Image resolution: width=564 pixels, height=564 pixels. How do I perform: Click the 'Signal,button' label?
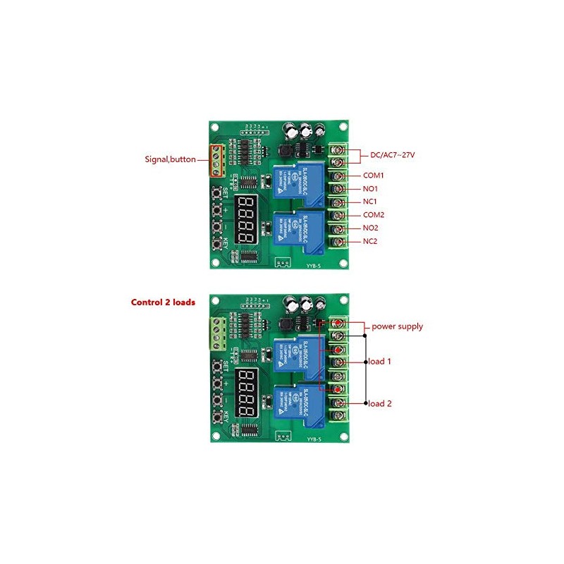(x=171, y=159)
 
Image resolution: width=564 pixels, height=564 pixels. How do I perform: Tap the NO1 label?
(x=371, y=188)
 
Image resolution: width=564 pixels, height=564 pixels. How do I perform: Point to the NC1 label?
(x=371, y=202)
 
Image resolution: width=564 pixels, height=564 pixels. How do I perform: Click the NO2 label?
(x=371, y=228)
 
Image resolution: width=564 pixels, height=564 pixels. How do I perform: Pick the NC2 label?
(x=371, y=242)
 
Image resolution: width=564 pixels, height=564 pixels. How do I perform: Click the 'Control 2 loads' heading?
(x=163, y=302)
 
